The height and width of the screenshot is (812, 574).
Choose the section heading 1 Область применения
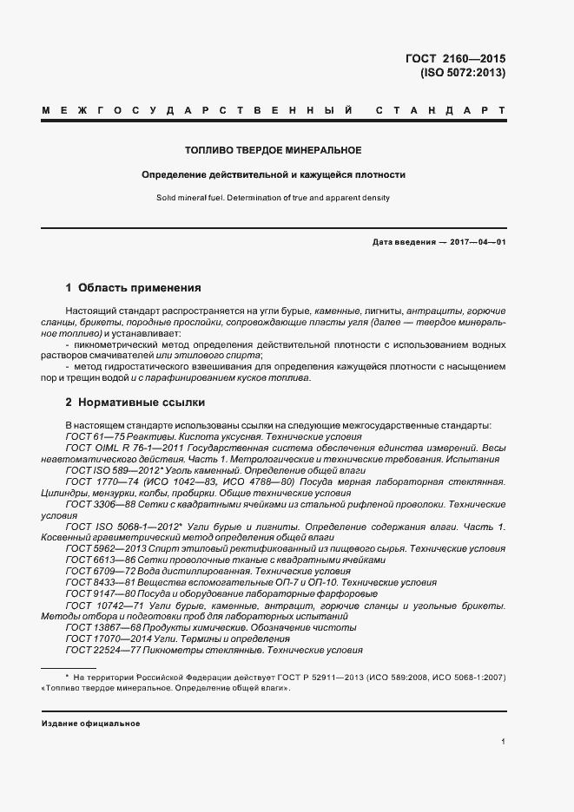[134, 287]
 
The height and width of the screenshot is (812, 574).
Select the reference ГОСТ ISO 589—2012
[109, 469]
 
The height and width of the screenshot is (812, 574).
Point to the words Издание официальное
[90, 723]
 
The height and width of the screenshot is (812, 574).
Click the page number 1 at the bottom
[504, 742]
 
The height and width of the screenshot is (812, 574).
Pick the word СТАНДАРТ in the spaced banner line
[441, 112]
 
